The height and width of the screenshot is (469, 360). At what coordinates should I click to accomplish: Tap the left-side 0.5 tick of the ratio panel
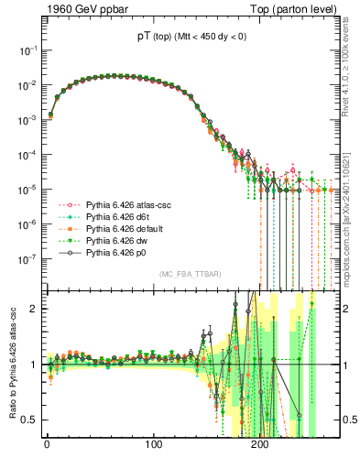[x=29, y=420]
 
